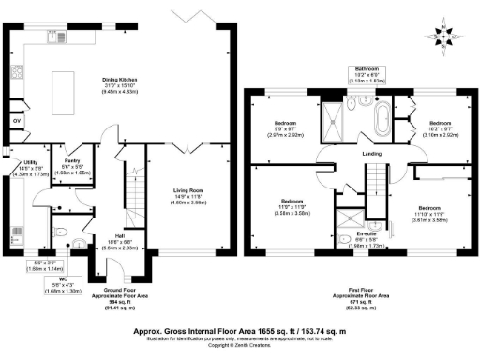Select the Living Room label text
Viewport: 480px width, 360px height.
pos(190,193)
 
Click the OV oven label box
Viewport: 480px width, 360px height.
pos(17,122)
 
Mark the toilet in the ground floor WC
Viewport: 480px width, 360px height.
pos(58,234)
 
